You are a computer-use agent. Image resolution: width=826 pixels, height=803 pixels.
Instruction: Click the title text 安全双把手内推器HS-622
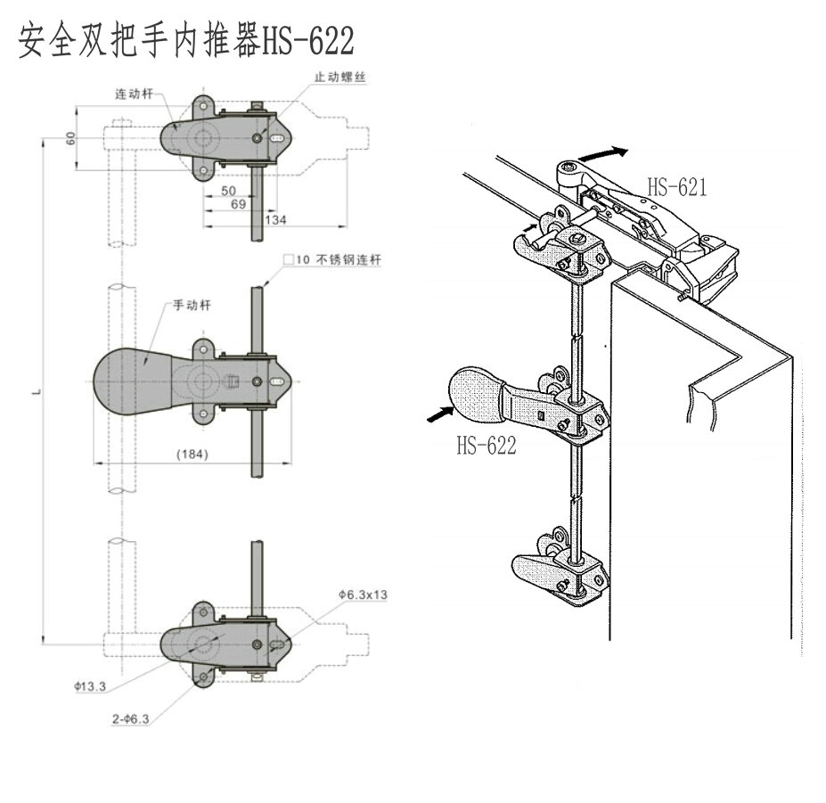186,40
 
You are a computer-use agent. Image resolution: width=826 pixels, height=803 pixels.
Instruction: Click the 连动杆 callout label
134,93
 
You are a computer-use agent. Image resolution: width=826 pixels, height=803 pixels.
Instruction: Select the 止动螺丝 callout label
340,78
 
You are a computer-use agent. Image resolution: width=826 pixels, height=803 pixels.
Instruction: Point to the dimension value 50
228,191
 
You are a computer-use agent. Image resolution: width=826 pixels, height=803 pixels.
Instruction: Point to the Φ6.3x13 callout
363,594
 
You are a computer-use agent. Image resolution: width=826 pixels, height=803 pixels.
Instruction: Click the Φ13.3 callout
91,686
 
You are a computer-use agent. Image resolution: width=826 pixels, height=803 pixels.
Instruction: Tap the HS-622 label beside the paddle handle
487,446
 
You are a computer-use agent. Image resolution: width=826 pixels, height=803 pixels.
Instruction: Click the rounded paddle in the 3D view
477,394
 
